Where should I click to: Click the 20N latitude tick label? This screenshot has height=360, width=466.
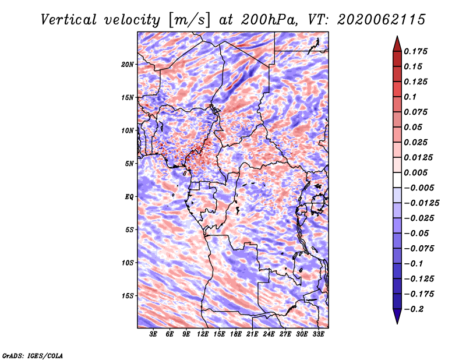127,65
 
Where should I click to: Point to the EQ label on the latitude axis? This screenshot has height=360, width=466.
129,197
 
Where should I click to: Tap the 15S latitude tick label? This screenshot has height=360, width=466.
128,296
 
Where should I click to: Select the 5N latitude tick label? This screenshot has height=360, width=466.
129,164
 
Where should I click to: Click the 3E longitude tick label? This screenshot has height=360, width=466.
153,334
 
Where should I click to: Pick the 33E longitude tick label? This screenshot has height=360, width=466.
318,334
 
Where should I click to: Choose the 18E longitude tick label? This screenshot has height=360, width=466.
236,334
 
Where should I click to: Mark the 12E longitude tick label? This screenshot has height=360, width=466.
203,334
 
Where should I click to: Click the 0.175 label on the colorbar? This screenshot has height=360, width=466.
415,51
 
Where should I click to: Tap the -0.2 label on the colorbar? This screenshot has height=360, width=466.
414,309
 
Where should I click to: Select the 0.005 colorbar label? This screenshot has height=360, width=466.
415,172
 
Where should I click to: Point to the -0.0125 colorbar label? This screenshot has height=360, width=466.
421,203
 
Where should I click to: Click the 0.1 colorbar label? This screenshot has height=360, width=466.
410,97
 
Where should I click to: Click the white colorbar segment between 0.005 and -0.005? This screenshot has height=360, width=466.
397,180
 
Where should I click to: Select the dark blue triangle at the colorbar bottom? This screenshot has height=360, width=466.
397,315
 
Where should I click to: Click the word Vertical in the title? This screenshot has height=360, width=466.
68,20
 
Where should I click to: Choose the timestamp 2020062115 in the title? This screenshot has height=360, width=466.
382,20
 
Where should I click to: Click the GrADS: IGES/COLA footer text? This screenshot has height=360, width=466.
33,355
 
